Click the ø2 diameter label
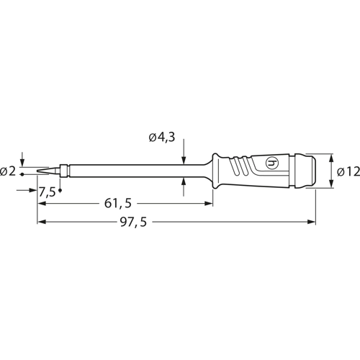tap(9, 171)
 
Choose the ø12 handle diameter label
tap(346, 172)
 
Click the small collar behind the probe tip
tap(66, 171)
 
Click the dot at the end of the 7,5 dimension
tap(60, 191)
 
